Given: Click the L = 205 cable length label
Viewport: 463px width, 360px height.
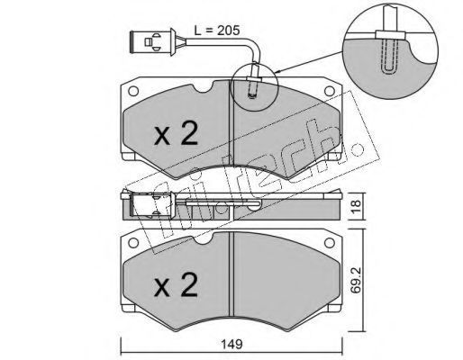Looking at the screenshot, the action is [217, 31].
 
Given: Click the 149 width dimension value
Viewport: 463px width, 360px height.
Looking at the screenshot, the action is [232, 344].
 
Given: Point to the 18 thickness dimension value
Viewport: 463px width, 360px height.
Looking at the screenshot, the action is [355, 207].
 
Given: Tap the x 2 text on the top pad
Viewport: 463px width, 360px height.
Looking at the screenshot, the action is [176, 133].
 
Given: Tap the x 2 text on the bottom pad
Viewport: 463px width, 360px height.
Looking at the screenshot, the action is [176, 285].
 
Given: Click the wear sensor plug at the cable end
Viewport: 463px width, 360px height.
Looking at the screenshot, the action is [152, 41].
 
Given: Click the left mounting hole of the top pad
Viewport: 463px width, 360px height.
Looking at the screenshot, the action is [133, 91].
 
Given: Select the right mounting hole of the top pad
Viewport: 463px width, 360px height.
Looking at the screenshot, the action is [330, 91].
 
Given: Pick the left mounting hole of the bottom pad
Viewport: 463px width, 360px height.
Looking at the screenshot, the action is [133, 243].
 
